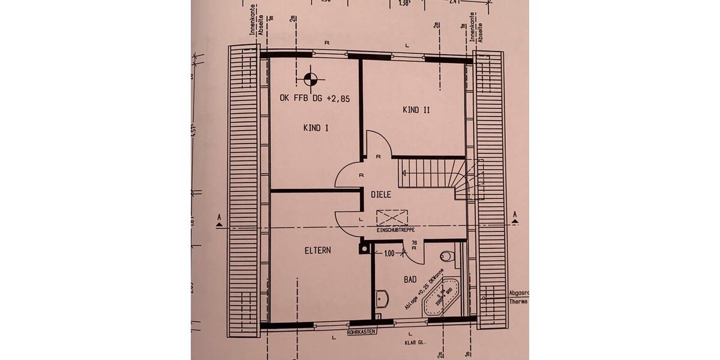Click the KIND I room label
click(x=316, y=127)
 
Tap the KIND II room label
click(x=416, y=110)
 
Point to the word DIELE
click(x=380, y=194)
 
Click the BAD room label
click(x=410, y=280)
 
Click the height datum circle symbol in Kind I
click(x=310, y=77)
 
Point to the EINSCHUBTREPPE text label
click(x=395, y=230)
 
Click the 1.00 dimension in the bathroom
click(x=389, y=254)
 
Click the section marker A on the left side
click(x=219, y=220)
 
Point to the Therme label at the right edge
click(x=518, y=301)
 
